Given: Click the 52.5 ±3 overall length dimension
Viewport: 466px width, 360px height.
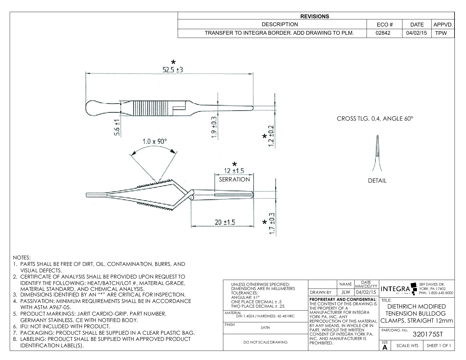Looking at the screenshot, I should click(173, 69).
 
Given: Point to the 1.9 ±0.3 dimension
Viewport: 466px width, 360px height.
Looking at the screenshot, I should click(214, 127).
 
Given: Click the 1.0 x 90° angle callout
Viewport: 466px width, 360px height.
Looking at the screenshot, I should click(154, 141).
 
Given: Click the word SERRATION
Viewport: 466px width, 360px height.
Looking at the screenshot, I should click(234, 179).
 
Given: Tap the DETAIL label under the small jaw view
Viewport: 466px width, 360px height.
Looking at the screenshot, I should click(377, 181).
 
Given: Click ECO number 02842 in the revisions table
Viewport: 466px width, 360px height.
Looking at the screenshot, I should click(383, 33).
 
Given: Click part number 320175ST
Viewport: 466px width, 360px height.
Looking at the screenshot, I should click(427, 334).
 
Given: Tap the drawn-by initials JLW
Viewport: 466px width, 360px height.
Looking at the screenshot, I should click(346, 292).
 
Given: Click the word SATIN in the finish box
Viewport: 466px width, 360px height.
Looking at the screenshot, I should click(265, 327).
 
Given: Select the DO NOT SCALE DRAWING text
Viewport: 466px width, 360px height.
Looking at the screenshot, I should click(265, 342).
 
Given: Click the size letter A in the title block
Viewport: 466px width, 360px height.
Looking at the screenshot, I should click(385, 347).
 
